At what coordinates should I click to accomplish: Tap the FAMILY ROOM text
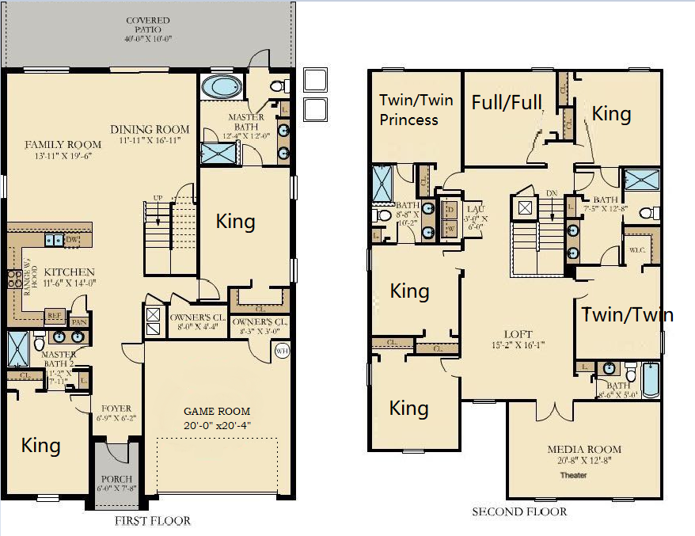click(63, 144)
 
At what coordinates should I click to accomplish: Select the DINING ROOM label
click(150, 130)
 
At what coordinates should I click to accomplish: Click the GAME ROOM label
click(217, 411)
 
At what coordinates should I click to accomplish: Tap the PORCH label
click(116, 480)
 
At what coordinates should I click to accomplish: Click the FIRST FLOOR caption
click(152, 521)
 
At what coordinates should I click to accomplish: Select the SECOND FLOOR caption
click(519, 511)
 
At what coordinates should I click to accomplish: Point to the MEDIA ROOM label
click(584, 450)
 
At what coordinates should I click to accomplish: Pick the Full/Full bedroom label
click(507, 102)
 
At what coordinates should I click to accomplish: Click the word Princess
click(408, 120)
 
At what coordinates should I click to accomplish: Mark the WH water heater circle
click(283, 351)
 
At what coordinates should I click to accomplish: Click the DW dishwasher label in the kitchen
click(70, 238)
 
